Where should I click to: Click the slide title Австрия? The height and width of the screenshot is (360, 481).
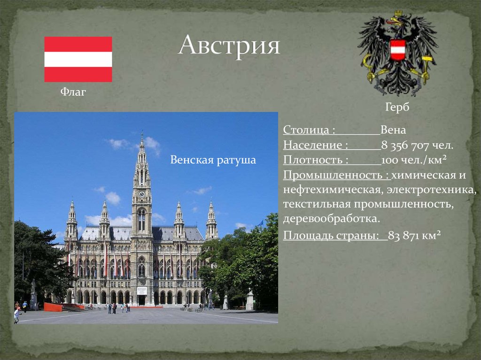(x=229, y=46)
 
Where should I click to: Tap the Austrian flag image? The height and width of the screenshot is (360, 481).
(x=78, y=59)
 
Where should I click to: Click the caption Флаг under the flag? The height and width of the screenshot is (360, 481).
(x=73, y=92)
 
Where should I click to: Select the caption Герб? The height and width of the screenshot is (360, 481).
(x=397, y=107)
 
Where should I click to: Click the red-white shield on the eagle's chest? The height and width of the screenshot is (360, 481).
(x=398, y=50)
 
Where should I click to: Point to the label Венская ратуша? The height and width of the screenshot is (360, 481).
(x=213, y=160)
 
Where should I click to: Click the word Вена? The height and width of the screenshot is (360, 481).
(x=393, y=130)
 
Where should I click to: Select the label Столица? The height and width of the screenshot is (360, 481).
(x=309, y=130)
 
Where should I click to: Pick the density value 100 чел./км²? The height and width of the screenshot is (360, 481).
(x=413, y=160)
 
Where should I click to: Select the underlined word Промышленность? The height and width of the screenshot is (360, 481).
(x=336, y=175)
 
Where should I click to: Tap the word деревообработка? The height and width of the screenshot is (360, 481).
(x=331, y=219)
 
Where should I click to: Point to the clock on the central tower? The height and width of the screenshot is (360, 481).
(x=141, y=193)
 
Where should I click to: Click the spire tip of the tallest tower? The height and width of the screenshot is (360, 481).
(x=141, y=135)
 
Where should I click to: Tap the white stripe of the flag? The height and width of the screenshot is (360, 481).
(x=78, y=59)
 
